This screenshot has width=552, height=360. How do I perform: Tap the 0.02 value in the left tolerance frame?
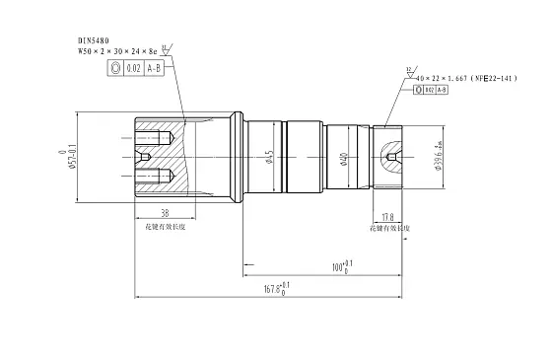click(x=133, y=68)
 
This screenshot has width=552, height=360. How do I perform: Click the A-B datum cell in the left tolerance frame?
click(x=155, y=68)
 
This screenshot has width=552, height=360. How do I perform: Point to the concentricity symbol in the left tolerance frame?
click(x=116, y=68)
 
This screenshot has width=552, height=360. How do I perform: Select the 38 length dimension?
click(x=164, y=212)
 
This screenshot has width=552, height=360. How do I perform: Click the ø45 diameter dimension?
click(x=269, y=157)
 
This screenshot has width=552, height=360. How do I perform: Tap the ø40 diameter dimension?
click(x=343, y=157)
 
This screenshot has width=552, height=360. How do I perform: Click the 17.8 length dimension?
click(x=387, y=217)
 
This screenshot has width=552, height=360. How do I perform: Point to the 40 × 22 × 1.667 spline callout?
click(x=449, y=76)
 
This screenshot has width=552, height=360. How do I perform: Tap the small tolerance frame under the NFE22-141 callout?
click(x=431, y=90)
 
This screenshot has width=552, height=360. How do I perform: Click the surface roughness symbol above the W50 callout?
click(x=166, y=42)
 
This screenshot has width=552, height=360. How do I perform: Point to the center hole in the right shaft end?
click(x=394, y=157)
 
